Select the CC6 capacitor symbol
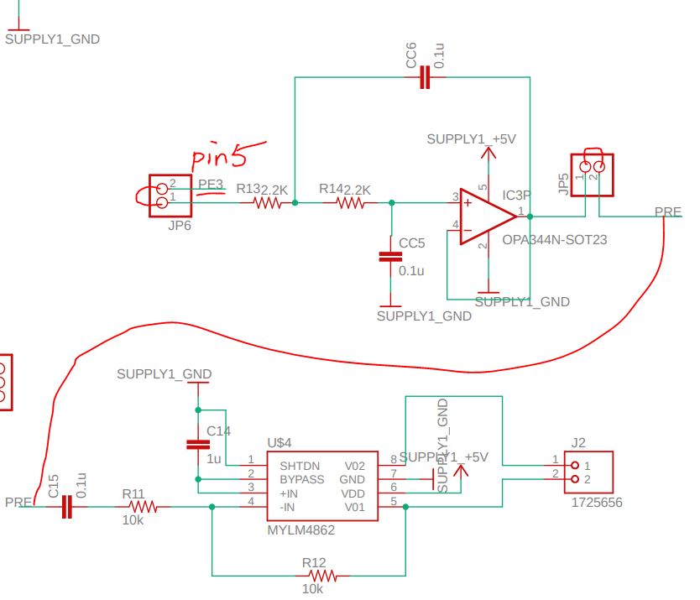pyautogui.click(x=425, y=78)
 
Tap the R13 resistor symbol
pyautogui.click(x=269, y=202)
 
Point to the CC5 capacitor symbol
pyautogui.click(x=387, y=257)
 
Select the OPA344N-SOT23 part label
pyautogui.click(x=554, y=240)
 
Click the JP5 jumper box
pyautogui.click(x=592, y=175)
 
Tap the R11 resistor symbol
pyautogui.click(x=143, y=507)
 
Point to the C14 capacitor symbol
pyautogui.click(x=197, y=443)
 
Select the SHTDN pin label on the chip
pyautogui.click(x=299, y=465)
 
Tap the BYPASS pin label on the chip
pyautogui.click(x=301, y=478)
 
